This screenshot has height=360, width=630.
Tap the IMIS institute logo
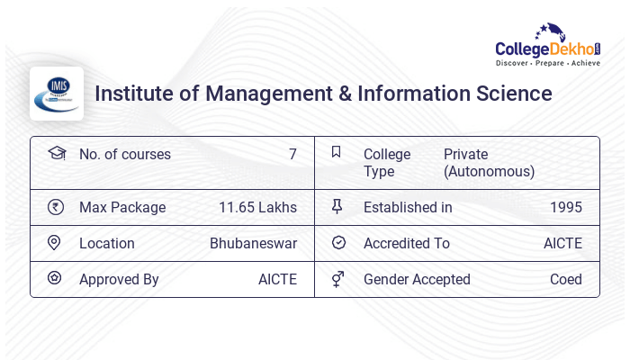click(x=56, y=94)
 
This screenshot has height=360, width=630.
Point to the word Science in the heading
click(x=509, y=94)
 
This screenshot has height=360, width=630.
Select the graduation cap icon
click(x=56, y=153)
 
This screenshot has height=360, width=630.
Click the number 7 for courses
click(x=292, y=154)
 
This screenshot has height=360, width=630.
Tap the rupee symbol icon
click(x=56, y=207)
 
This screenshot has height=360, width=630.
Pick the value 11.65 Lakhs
click(x=257, y=207)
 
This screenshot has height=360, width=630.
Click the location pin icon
click(x=55, y=243)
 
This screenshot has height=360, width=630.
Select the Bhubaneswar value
click(x=253, y=243)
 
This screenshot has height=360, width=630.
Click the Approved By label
click(x=119, y=279)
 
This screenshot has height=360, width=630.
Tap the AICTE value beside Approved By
click(x=277, y=279)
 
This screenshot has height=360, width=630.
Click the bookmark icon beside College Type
click(x=337, y=152)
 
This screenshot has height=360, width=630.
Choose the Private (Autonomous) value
click(x=490, y=162)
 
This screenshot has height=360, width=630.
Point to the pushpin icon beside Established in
click(x=337, y=207)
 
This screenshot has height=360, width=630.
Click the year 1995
click(x=566, y=207)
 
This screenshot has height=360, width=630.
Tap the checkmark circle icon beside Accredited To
click(x=338, y=243)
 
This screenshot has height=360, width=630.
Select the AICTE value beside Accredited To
click(x=562, y=243)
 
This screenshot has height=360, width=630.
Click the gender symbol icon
click(x=337, y=279)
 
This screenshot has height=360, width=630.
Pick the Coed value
click(x=566, y=279)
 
